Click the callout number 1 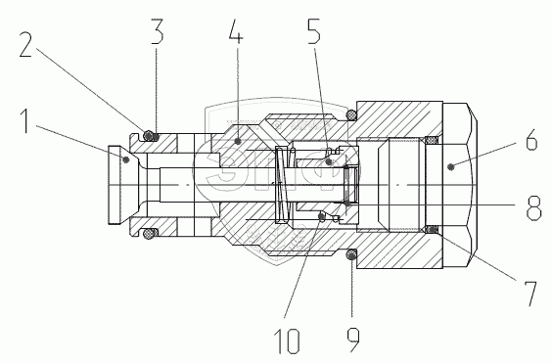point(25,121)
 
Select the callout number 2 point(25,44)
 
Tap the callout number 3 point(158,31)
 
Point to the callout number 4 point(236,31)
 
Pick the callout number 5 point(314,31)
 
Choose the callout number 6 point(531,140)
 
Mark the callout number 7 point(529,294)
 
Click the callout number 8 point(533,207)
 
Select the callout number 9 point(353,340)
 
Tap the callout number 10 point(288,340)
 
